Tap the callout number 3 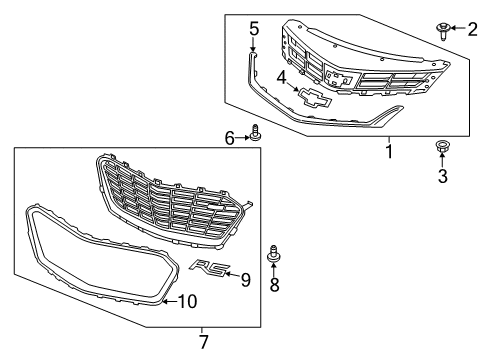[x=441, y=176]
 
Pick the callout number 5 [x=254, y=28]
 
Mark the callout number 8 [x=274, y=283]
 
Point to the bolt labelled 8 [x=273, y=258]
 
